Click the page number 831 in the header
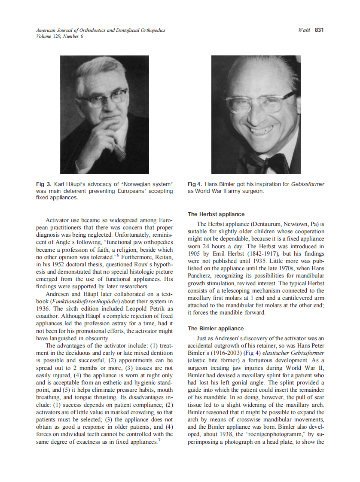(319, 30)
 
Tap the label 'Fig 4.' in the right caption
(196, 184)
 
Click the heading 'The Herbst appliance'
(216, 214)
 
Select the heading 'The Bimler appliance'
(216, 328)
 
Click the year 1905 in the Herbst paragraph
(196, 253)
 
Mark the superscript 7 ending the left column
(159, 440)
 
